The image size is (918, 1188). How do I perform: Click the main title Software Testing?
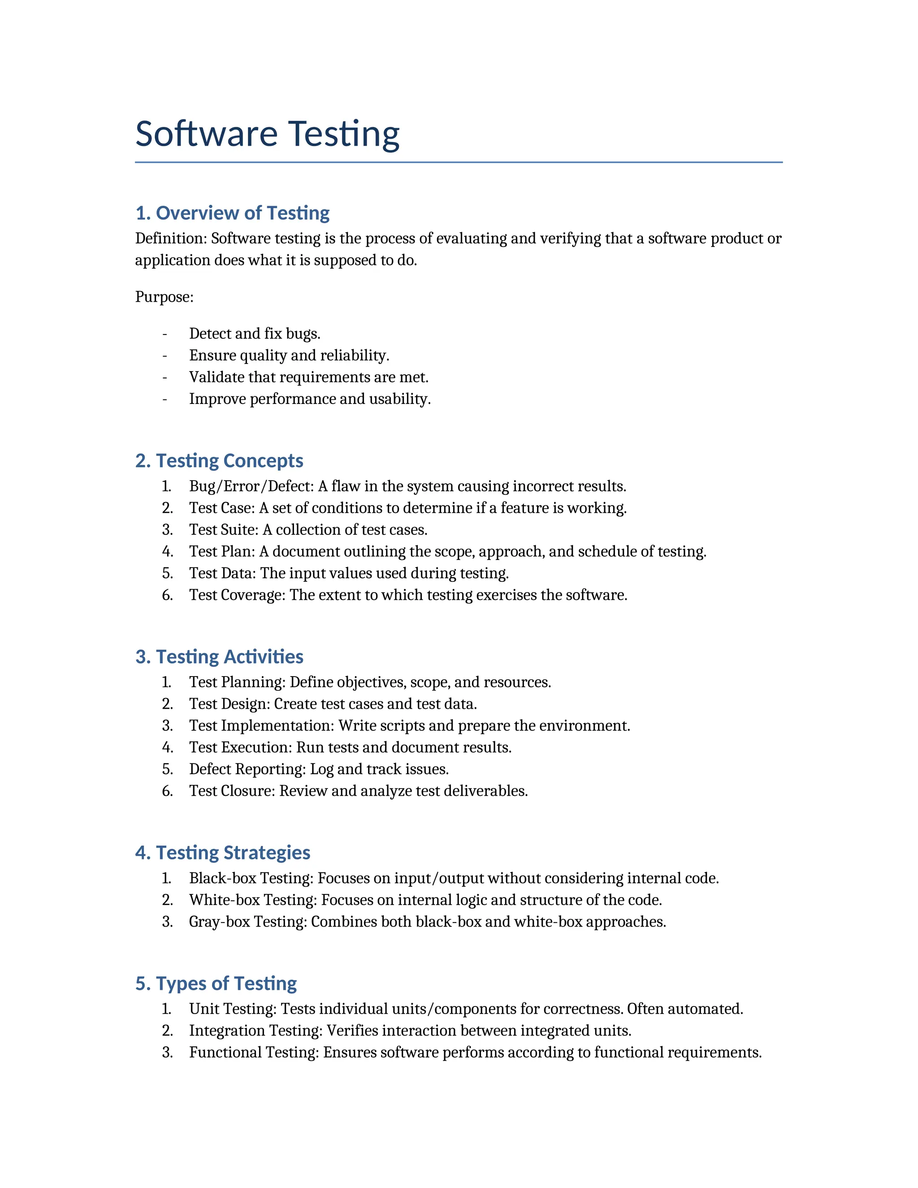pos(267,134)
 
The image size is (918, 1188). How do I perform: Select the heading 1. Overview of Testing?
pos(232,212)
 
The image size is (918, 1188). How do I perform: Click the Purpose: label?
pos(164,297)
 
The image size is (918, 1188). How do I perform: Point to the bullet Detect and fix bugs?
pos(255,334)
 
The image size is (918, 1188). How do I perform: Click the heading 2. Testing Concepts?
pos(219,461)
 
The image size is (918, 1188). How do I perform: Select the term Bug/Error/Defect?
pos(250,486)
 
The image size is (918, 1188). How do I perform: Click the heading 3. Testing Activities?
pos(219,657)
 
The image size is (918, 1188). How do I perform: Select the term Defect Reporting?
pos(247,769)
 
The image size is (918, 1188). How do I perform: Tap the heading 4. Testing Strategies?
pos(222,852)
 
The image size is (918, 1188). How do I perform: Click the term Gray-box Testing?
pos(247,921)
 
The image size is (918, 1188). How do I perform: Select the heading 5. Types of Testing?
pos(216,984)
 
